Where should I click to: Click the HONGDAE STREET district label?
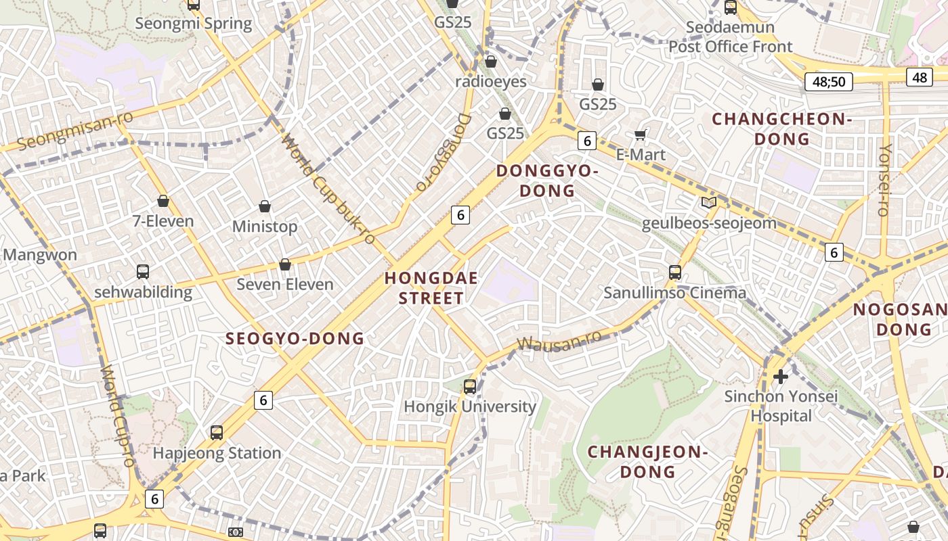pos(431,288)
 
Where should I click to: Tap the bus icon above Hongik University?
pos(470,387)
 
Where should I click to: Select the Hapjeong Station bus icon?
pos(217,433)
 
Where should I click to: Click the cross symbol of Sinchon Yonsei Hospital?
pos(781,377)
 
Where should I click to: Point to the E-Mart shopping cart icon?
pos(641,135)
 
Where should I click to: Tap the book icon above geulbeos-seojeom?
pos(708,202)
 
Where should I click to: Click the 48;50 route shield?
pos(828,82)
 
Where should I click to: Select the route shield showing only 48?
pos(919,77)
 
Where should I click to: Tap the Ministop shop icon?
pos(265,206)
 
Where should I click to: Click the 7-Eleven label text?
pos(163,221)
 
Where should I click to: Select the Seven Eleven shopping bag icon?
pos(285,264)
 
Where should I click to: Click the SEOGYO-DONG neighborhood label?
pos(295,338)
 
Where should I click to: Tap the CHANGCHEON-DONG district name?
pos(781,129)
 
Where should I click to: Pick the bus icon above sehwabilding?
pos(143,272)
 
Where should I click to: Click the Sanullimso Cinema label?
pos(674,293)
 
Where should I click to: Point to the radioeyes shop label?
pos(490,81)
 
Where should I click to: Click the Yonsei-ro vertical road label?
pos(884,180)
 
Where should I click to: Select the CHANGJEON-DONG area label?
pos(647,461)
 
